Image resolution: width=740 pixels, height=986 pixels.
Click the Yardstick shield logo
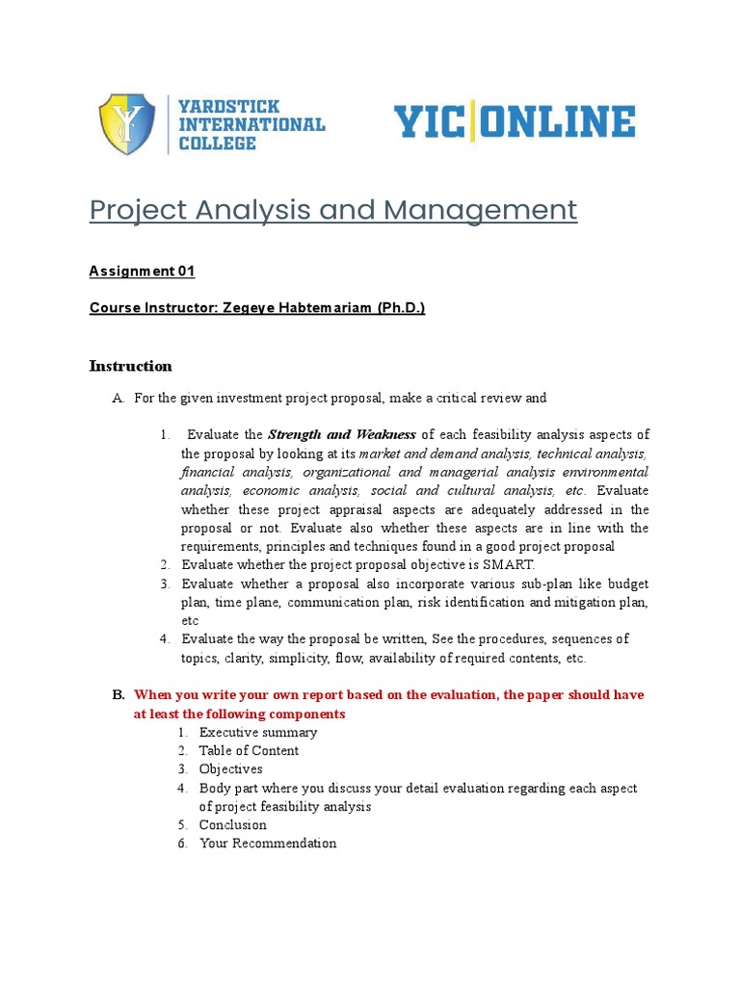127,124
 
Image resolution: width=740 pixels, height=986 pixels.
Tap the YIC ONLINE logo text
514,123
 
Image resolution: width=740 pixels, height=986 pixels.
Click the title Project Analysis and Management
333,210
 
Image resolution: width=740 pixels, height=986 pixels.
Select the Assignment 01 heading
142,272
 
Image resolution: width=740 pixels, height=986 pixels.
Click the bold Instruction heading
130,366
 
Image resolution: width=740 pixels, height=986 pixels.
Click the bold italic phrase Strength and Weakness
341,435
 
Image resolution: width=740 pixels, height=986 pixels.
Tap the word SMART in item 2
512,565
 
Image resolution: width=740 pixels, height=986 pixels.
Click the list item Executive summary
257,733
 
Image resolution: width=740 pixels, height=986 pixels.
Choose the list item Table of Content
249,751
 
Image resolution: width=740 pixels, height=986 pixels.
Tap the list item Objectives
230,769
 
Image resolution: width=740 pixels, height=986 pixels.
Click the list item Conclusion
232,825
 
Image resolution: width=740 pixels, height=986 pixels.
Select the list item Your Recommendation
268,843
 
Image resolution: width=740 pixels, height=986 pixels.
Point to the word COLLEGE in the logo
218,143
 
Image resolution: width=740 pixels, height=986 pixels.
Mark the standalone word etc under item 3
190,621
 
